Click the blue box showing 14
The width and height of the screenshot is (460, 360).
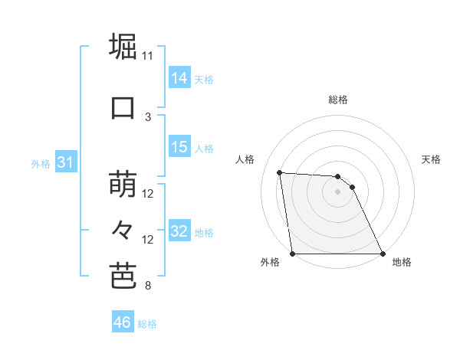(x=179, y=78)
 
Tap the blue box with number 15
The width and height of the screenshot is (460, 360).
(x=179, y=147)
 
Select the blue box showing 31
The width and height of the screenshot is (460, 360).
(x=65, y=163)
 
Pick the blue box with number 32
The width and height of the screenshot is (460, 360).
(x=179, y=232)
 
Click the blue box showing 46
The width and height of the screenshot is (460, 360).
(x=123, y=322)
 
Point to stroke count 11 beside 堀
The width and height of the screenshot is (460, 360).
(x=148, y=55)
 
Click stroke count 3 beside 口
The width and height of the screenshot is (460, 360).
(x=148, y=116)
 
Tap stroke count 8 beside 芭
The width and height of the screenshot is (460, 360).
(x=148, y=286)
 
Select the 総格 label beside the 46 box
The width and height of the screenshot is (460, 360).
(x=147, y=324)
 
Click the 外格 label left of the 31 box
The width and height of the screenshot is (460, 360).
(x=41, y=164)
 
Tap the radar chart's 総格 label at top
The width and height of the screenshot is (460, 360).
(x=337, y=100)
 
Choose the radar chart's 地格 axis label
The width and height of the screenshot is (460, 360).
(x=402, y=262)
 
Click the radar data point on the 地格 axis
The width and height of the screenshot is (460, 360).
(x=383, y=254)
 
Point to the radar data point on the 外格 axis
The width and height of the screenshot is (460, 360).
(x=292, y=254)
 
